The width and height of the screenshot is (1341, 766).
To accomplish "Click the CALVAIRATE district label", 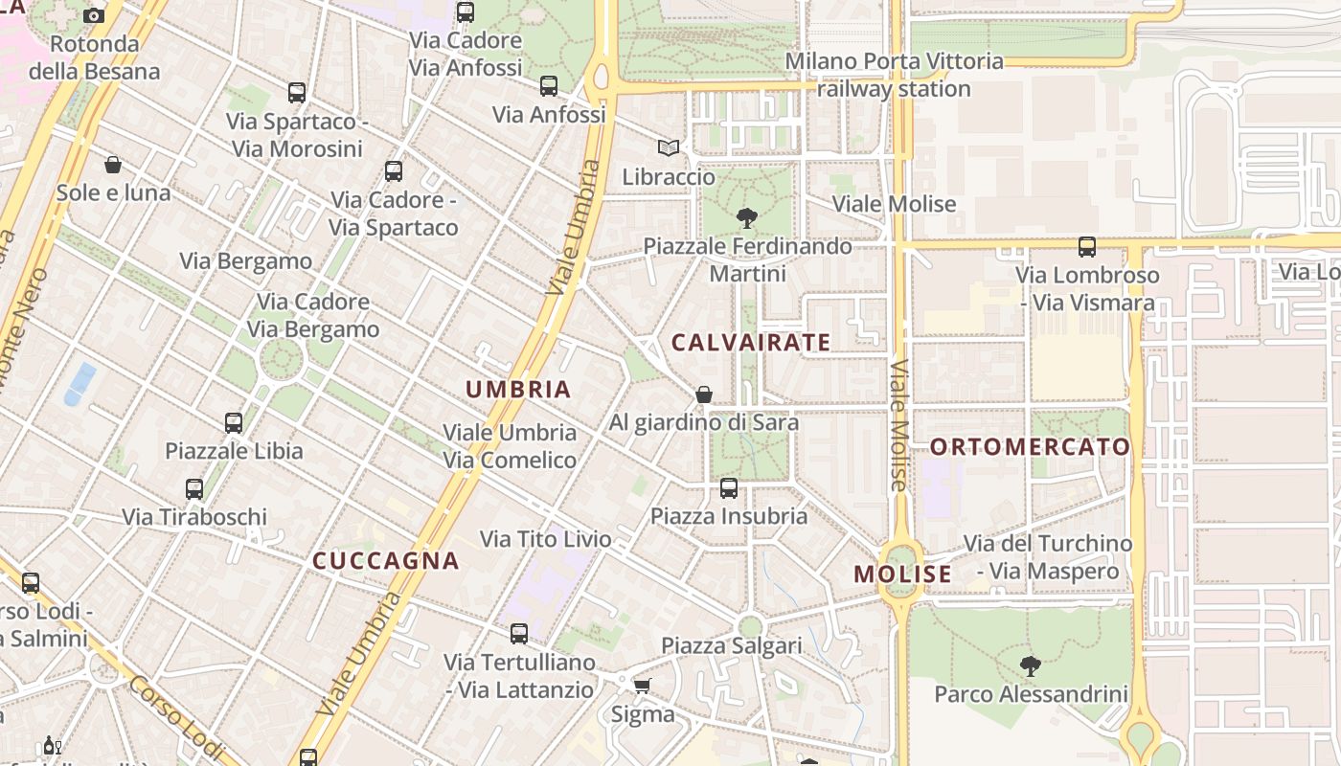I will click(x=750, y=342).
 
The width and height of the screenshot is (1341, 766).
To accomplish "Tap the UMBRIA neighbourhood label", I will click(x=518, y=389).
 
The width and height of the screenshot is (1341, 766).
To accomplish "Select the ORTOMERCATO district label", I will click(x=1030, y=446).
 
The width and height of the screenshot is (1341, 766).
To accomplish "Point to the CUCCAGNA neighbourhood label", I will click(x=386, y=561).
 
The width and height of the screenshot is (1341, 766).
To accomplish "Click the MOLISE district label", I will click(x=902, y=574).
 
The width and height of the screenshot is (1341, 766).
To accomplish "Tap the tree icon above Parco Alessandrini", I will click(x=1031, y=665).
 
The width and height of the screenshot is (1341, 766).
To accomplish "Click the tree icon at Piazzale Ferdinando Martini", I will click(x=747, y=218).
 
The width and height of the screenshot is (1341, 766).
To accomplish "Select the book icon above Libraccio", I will click(x=669, y=148).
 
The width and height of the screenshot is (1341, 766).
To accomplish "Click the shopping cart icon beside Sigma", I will click(x=643, y=686).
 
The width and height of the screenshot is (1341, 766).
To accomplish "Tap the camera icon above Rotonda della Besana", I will click(x=94, y=15).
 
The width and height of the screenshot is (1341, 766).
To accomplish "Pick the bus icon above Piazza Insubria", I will click(x=729, y=488).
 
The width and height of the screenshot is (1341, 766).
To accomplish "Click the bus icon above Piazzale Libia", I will click(x=234, y=422).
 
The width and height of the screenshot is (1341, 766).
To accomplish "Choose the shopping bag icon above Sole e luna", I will click(x=113, y=165).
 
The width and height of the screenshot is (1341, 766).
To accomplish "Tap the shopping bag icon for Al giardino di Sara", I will click(x=704, y=394).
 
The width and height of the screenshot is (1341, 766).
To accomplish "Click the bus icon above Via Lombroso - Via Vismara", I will click(x=1087, y=247).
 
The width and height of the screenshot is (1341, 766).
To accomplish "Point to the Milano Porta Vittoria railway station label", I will click(x=894, y=75).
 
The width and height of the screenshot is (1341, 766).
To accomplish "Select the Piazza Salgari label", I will click(x=732, y=645).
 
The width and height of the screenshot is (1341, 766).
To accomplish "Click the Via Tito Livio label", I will click(x=545, y=539).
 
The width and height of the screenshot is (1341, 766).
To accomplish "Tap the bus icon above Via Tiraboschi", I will click(x=194, y=489).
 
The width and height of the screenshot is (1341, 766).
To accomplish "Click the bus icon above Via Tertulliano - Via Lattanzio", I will click(x=519, y=633).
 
